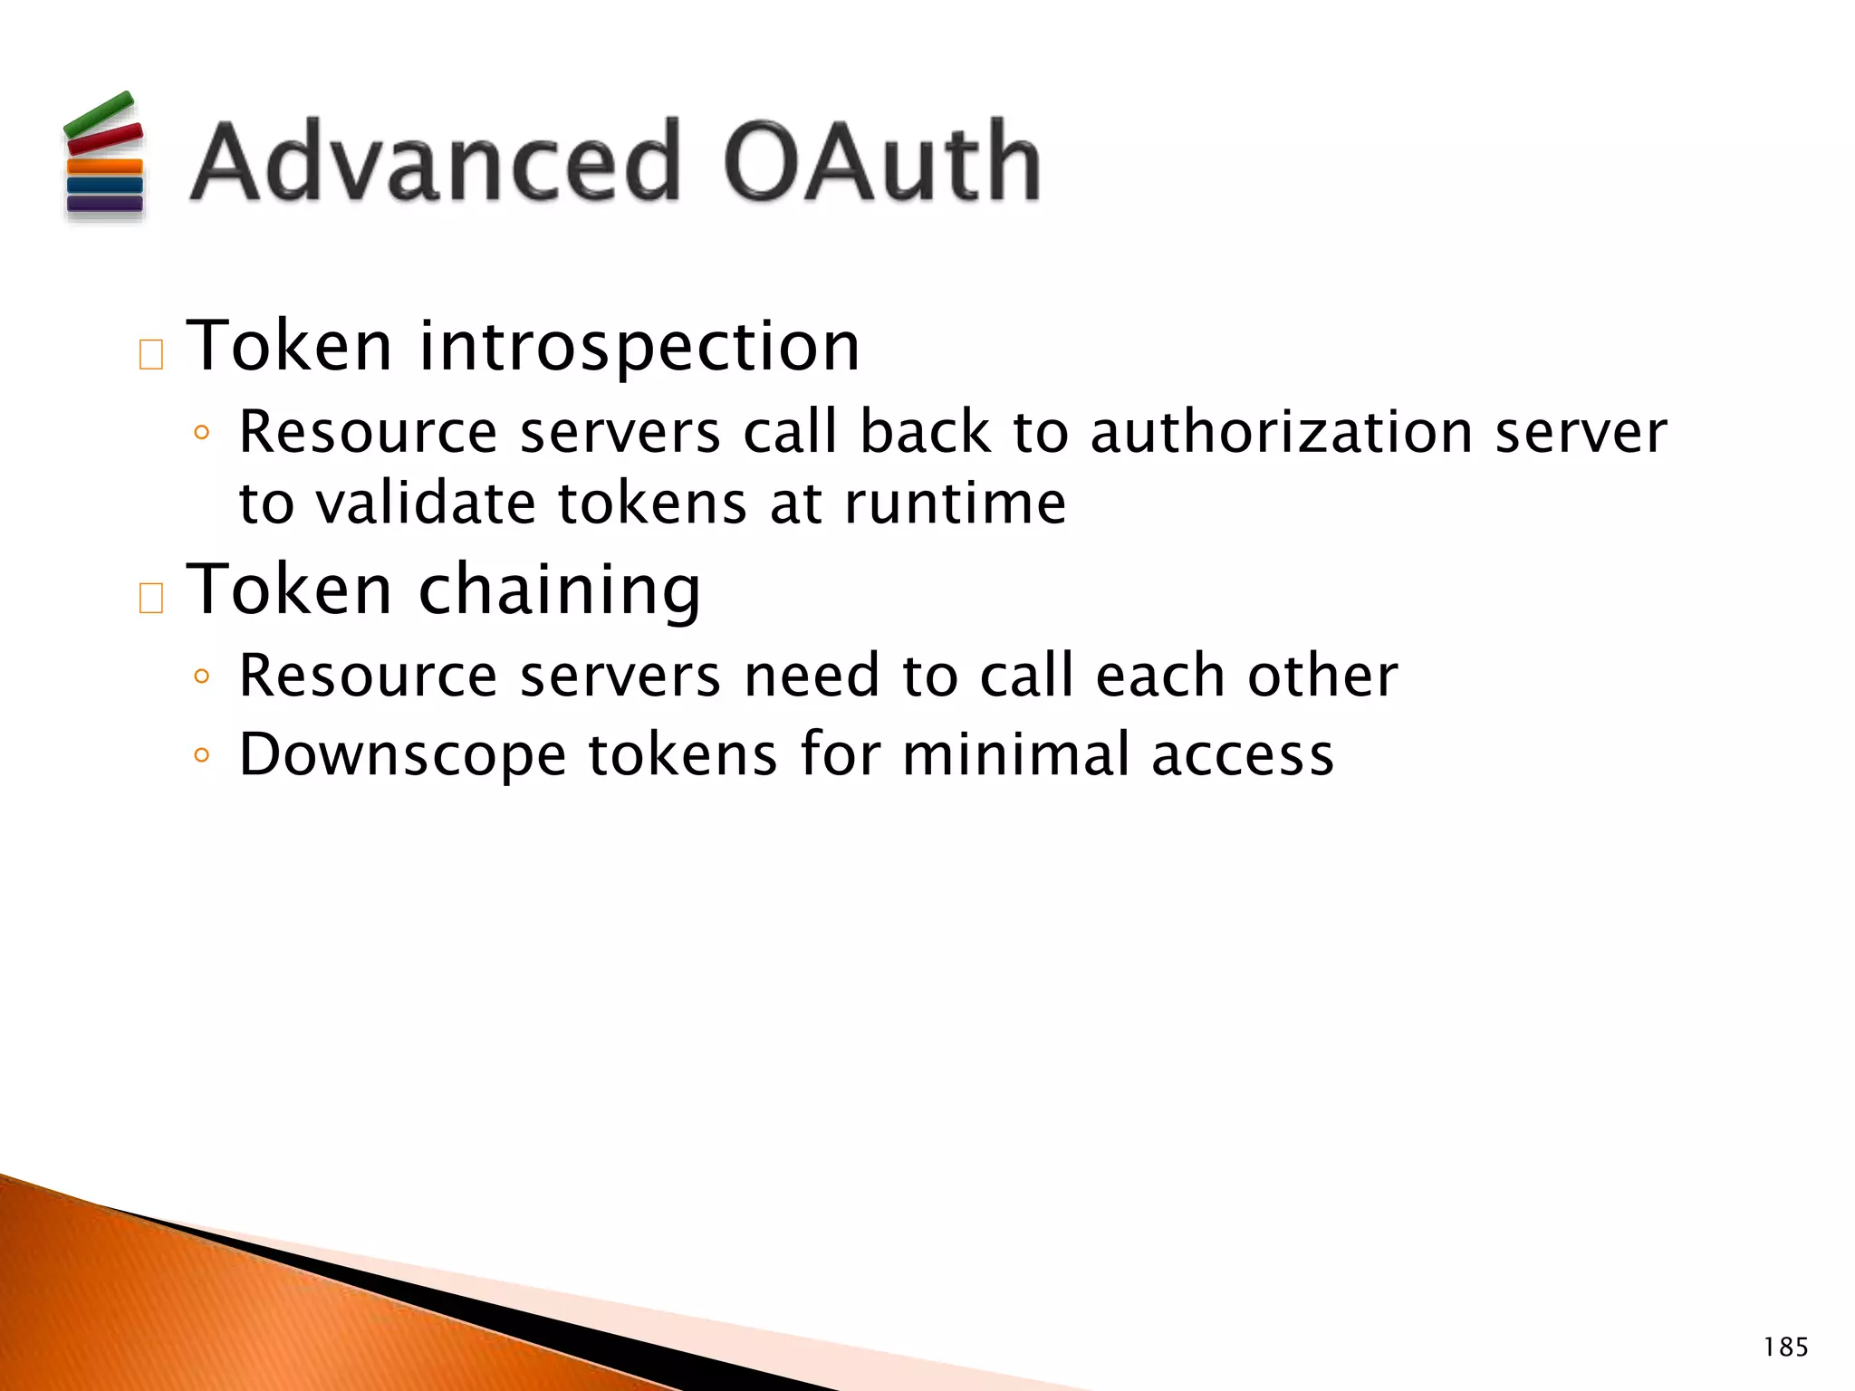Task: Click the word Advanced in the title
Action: pos(435,163)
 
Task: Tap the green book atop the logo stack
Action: pos(99,114)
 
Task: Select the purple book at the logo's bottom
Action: pos(105,204)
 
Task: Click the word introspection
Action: pos(639,347)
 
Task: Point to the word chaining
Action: pos(559,590)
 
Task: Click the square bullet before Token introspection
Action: pos(151,355)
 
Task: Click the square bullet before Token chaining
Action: pos(151,599)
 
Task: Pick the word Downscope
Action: pos(402,755)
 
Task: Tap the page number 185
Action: pos(1785,1348)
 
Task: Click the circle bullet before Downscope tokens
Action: pos(202,755)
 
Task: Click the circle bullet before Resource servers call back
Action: pos(202,433)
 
